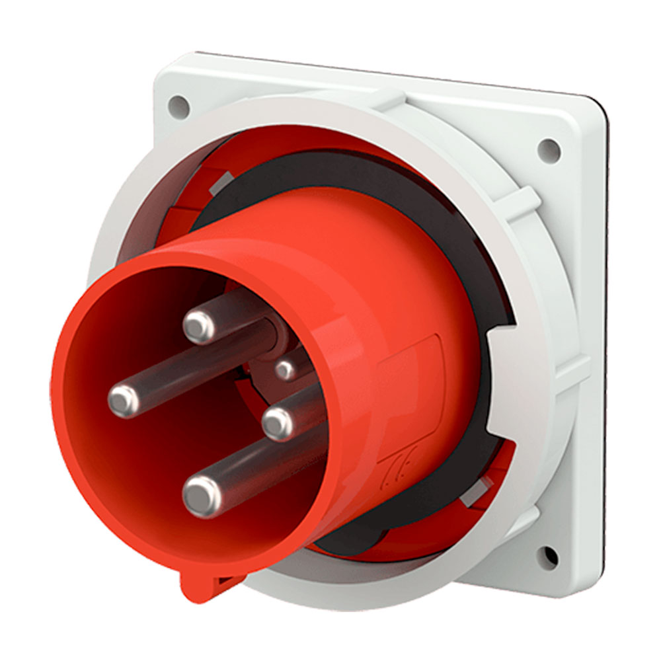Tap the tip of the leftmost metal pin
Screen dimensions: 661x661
pos(124,400)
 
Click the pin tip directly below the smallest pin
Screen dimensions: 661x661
pos(278,423)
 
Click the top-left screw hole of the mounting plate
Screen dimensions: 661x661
pos(178,104)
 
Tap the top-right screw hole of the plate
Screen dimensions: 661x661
pos(548,151)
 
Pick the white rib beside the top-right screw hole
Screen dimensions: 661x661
pos(522,198)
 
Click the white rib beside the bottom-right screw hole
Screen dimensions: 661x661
pos(522,522)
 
